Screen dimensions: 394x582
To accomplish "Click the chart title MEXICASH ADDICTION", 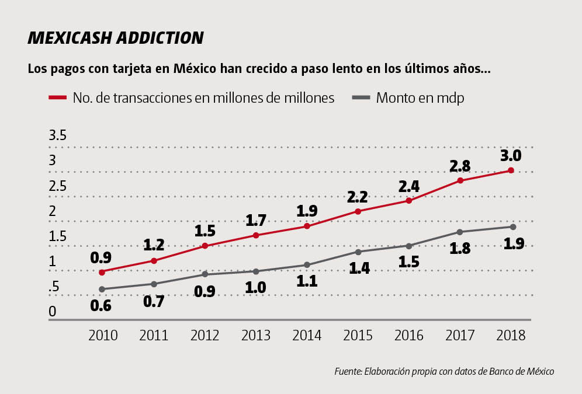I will pyautogui.click(x=116, y=38).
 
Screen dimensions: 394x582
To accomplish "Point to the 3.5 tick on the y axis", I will pyautogui.click(x=57, y=136).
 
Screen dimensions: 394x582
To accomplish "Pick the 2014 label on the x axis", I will pyautogui.click(x=307, y=336).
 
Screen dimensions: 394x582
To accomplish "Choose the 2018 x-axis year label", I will pyautogui.click(x=510, y=336).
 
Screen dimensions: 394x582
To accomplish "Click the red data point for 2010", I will pyautogui.click(x=102, y=272).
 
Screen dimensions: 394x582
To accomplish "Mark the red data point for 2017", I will pyautogui.click(x=460, y=180).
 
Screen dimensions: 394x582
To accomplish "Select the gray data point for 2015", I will pyautogui.click(x=358, y=252).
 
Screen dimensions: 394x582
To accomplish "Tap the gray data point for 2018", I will pyautogui.click(x=512, y=226).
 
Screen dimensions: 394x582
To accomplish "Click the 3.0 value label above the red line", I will pyautogui.click(x=510, y=156).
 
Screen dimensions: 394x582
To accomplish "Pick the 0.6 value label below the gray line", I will pyautogui.click(x=101, y=305).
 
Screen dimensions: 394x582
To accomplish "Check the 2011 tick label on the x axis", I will pyautogui.click(x=154, y=336).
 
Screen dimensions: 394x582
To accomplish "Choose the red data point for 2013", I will pyautogui.click(x=256, y=235).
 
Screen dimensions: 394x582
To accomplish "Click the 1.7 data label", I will pyautogui.click(x=256, y=221).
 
